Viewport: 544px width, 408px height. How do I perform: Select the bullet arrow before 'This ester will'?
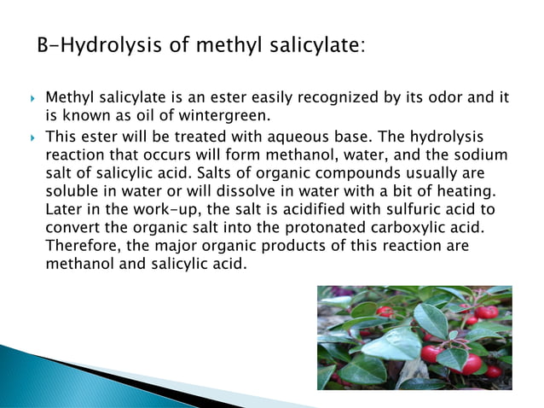[x=31, y=137]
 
